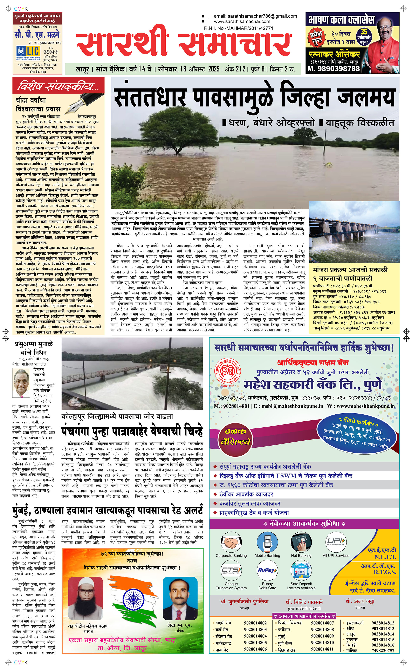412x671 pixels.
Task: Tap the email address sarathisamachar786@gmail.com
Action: tap(255, 16)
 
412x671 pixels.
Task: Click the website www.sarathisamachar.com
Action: tap(242, 21)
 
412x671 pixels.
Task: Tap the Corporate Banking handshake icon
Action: tap(231, 540)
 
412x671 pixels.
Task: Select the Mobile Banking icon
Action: tap(267, 540)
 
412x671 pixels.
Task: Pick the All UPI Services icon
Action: tap(336, 540)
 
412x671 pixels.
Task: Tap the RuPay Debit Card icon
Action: tap(267, 570)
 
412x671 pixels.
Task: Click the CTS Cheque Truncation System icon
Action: tap(231, 570)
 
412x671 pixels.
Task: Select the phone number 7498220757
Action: tap(383, 651)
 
